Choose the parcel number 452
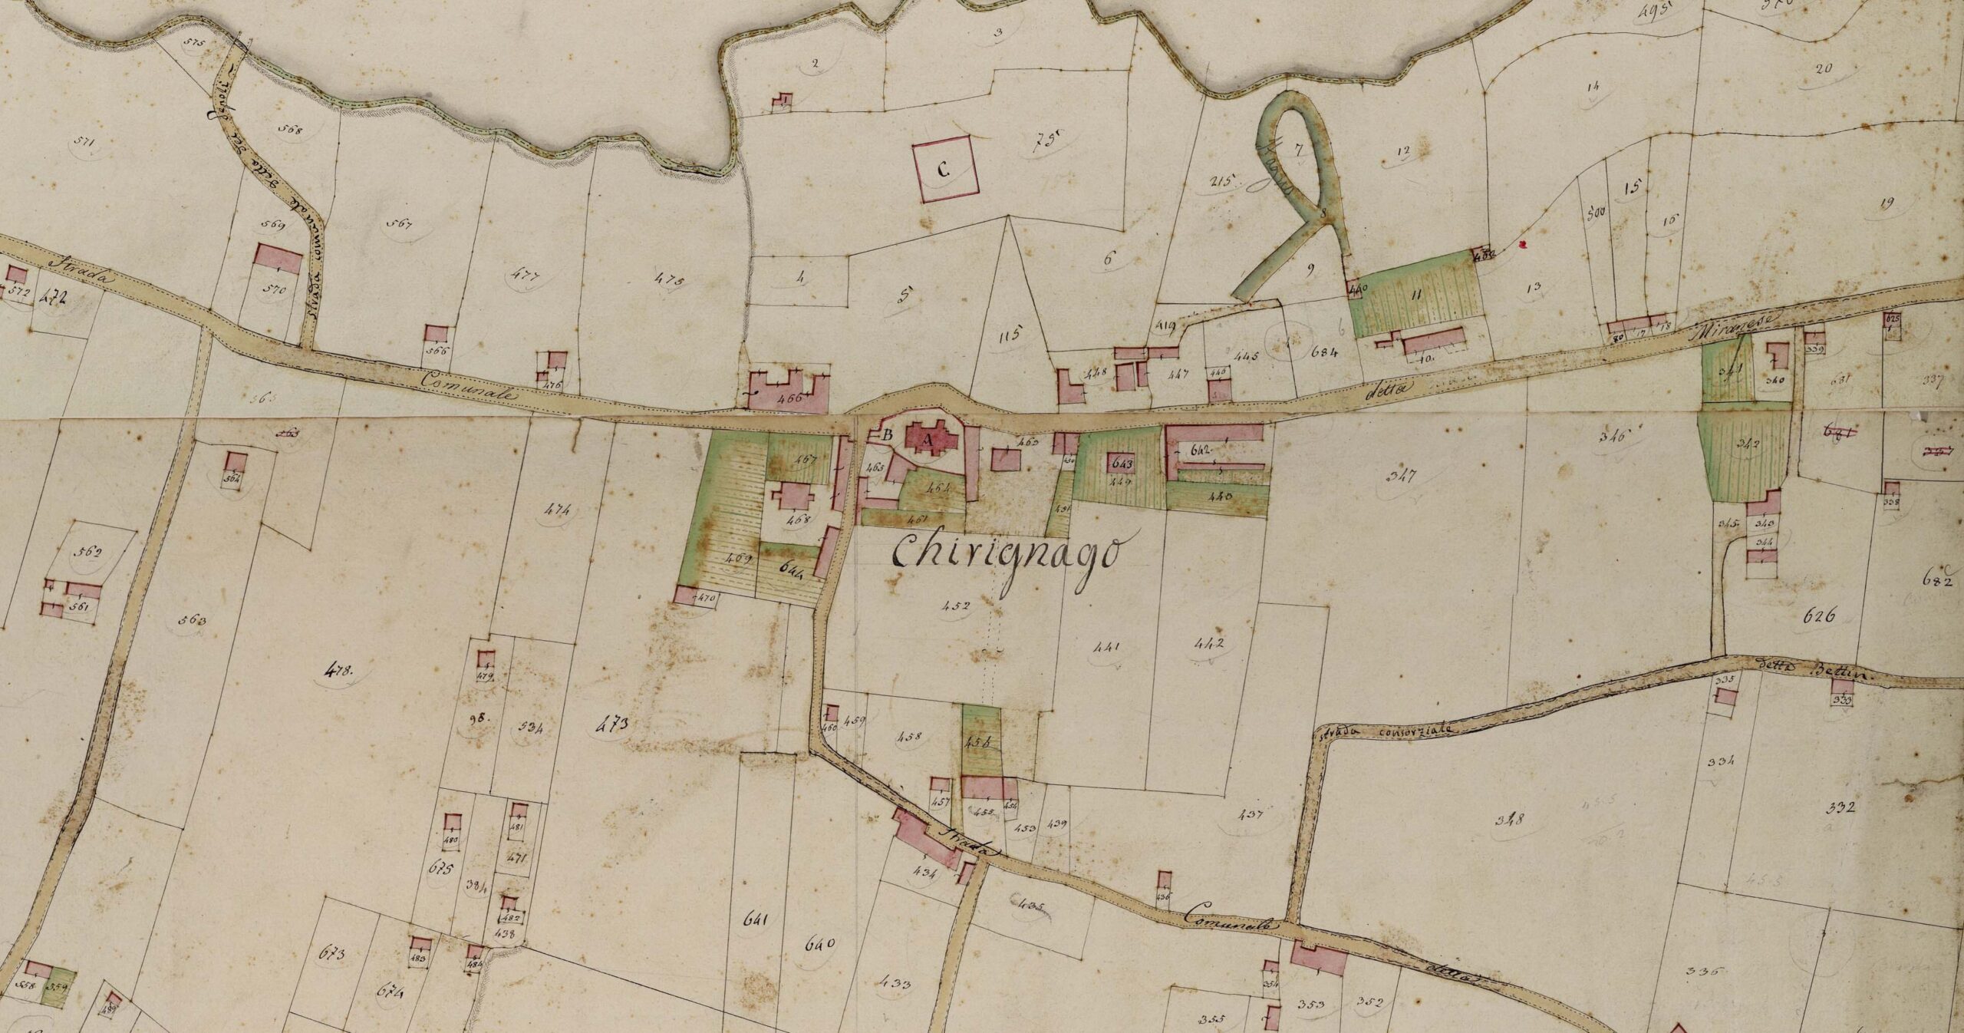(960, 606)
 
